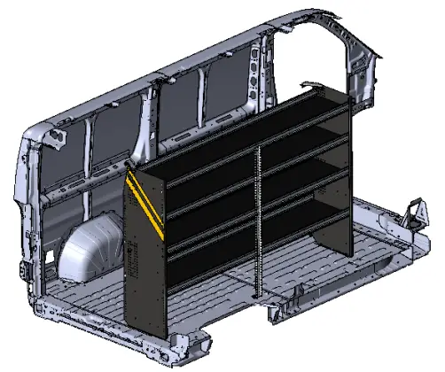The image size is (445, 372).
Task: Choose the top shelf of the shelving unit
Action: [239, 128]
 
